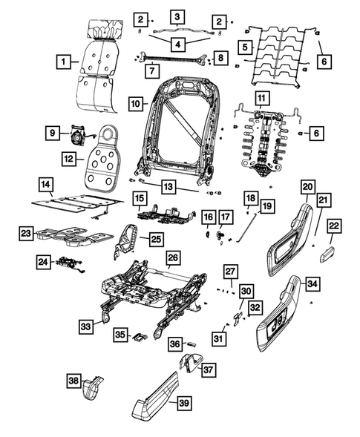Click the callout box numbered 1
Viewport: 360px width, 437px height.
point(65,61)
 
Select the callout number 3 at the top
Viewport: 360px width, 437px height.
point(177,16)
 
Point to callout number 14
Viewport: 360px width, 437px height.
point(46,183)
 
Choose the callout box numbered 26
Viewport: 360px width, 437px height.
point(172,258)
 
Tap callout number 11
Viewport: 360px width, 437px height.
point(261,99)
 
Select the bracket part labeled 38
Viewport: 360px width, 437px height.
point(91,389)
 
